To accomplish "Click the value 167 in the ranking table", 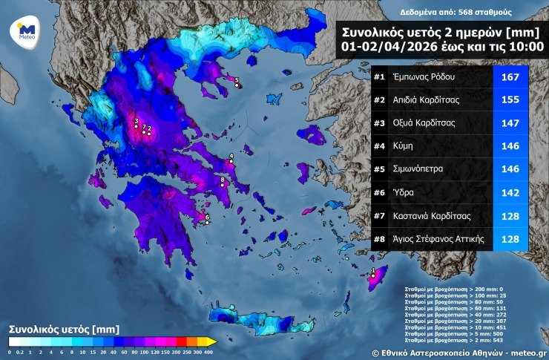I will (510, 77).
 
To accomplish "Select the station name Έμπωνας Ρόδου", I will (425, 77).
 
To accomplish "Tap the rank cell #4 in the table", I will (379, 147).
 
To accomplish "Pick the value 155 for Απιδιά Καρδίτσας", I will (510, 100).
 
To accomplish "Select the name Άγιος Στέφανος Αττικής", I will (439, 239).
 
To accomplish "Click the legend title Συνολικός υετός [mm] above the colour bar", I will (63, 327).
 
